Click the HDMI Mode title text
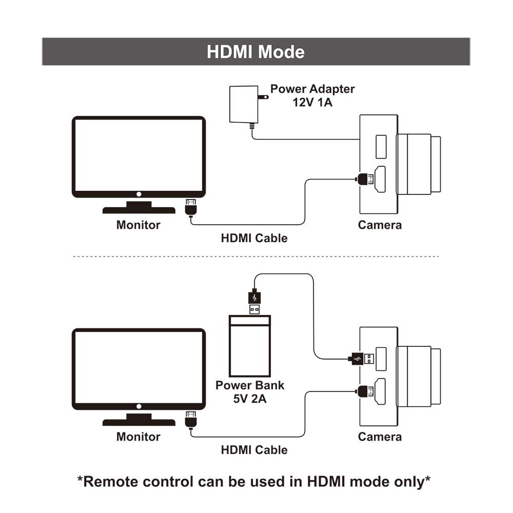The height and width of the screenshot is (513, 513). tap(255, 52)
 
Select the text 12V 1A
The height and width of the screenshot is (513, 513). tap(313, 102)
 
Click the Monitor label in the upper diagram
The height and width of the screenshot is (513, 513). tap(138, 225)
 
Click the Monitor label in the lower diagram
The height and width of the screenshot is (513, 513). tap(138, 437)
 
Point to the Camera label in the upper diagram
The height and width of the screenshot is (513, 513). tap(380, 225)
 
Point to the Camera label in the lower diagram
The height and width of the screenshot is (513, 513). tap(380, 437)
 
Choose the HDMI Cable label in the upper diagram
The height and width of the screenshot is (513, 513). tap(254, 238)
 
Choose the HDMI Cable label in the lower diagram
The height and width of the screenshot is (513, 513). tap(254, 450)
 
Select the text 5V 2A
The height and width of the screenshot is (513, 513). tap(250, 397)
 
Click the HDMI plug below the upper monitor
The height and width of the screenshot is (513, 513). tap(191, 207)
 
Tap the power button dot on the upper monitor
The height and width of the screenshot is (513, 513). tap(139, 194)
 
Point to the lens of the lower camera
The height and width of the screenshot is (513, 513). tap(418, 376)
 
